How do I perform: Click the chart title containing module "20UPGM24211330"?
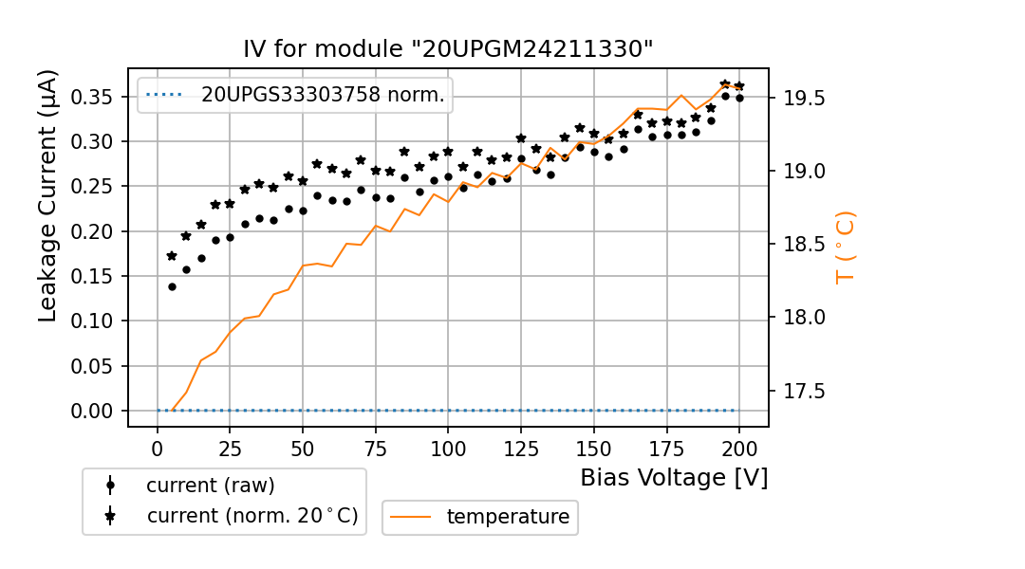pyautogui.click(x=448, y=49)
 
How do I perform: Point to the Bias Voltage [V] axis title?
pyautogui.click(x=674, y=478)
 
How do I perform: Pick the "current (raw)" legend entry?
pyautogui.click(x=210, y=486)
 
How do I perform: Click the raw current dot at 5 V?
pyautogui.click(x=172, y=286)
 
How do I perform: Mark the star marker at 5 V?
pyautogui.click(x=172, y=256)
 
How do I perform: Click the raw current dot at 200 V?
pyautogui.click(x=739, y=98)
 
